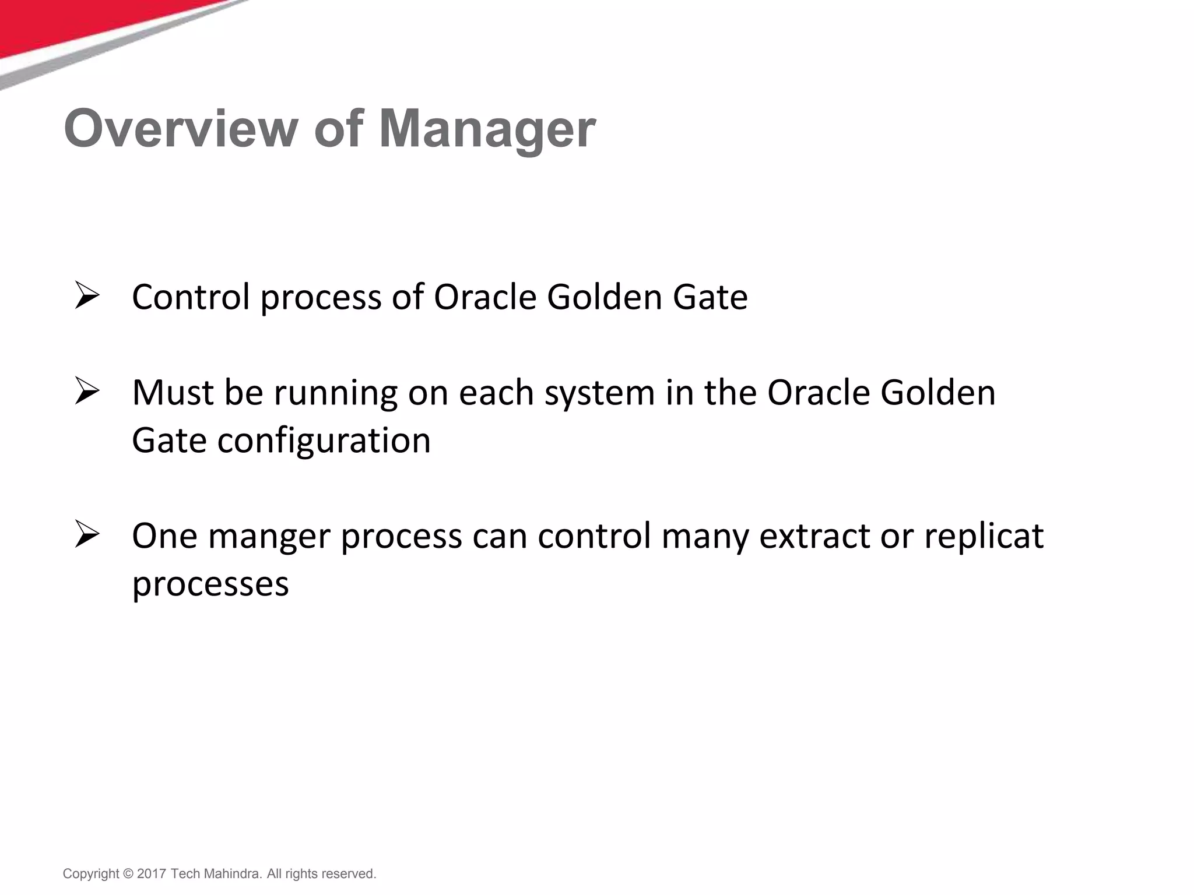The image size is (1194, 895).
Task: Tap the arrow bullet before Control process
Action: pos(87,296)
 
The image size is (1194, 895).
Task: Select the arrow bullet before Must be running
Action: pos(87,392)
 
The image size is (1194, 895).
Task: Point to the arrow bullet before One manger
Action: pos(87,535)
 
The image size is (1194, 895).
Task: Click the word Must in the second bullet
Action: pos(173,393)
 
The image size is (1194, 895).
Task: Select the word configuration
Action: pos(324,442)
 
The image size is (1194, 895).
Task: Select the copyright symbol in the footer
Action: pos(128,874)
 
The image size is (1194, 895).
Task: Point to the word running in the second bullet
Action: pos(336,394)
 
